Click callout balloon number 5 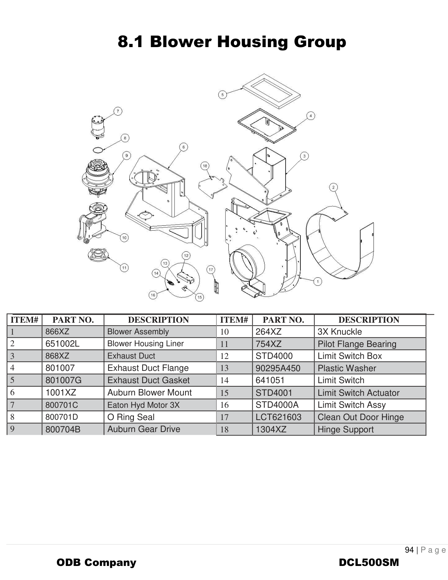click(222, 95)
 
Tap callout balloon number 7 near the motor click(118, 111)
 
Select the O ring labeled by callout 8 click(99, 150)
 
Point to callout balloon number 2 click(333, 187)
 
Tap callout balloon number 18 click(205, 166)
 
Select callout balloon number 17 click(211, 270)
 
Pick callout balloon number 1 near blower click(318, 282)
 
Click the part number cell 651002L click(63, 344)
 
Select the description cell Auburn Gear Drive click(144, 429)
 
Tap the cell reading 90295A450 click(278, 368)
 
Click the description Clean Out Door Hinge click(361, 417)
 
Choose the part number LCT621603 click(278, 417)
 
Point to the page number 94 click(409, 550)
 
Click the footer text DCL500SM click(369, 562)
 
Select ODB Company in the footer click(96, 562)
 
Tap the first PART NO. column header click(73, 320)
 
